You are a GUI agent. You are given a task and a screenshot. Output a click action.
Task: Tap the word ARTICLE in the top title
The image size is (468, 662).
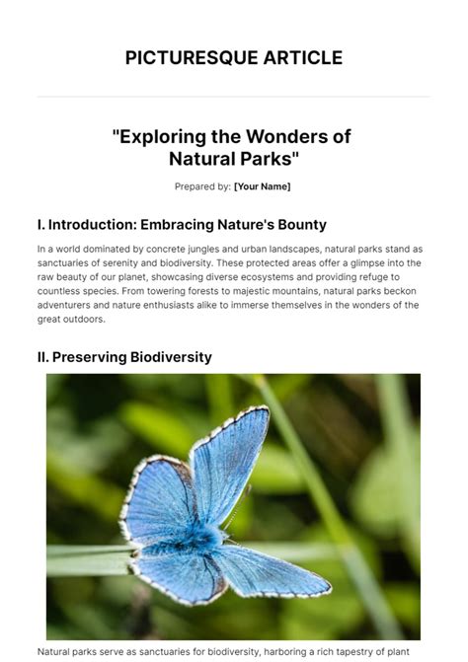pyautogui.click(x=297, y=58)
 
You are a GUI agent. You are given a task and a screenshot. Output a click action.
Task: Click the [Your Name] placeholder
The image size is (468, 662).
pyautogui.click(x=262, y=186)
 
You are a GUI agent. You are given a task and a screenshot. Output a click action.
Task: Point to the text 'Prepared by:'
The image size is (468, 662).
pyautogui.click(x=203, y=186)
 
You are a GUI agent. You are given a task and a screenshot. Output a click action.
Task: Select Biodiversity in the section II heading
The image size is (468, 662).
pyautogui.click(x=171, y=357)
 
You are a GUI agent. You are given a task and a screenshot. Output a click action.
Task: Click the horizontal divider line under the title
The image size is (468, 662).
pyautogui.click(x=234, y=97)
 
